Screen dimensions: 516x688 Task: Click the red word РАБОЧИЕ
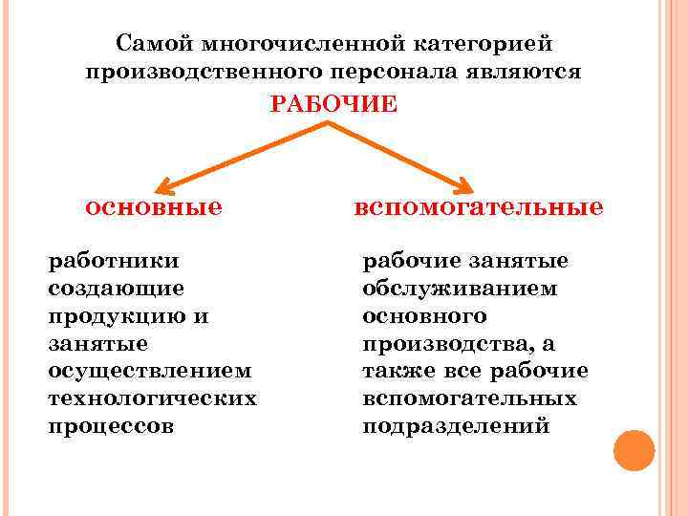click(x=333, y=104)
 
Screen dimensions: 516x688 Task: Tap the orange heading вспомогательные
click(x=478, y=206)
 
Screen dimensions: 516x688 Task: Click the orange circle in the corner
click(x=634, y=450)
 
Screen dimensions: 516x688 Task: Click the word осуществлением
click(x=149, y=370)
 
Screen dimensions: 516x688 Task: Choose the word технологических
click(x=152, y=398)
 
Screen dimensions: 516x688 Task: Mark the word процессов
click(x=111, y=425)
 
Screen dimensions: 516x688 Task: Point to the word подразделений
click(x=456, y=425)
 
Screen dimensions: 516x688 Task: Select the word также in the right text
click(x=395, y=370)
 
